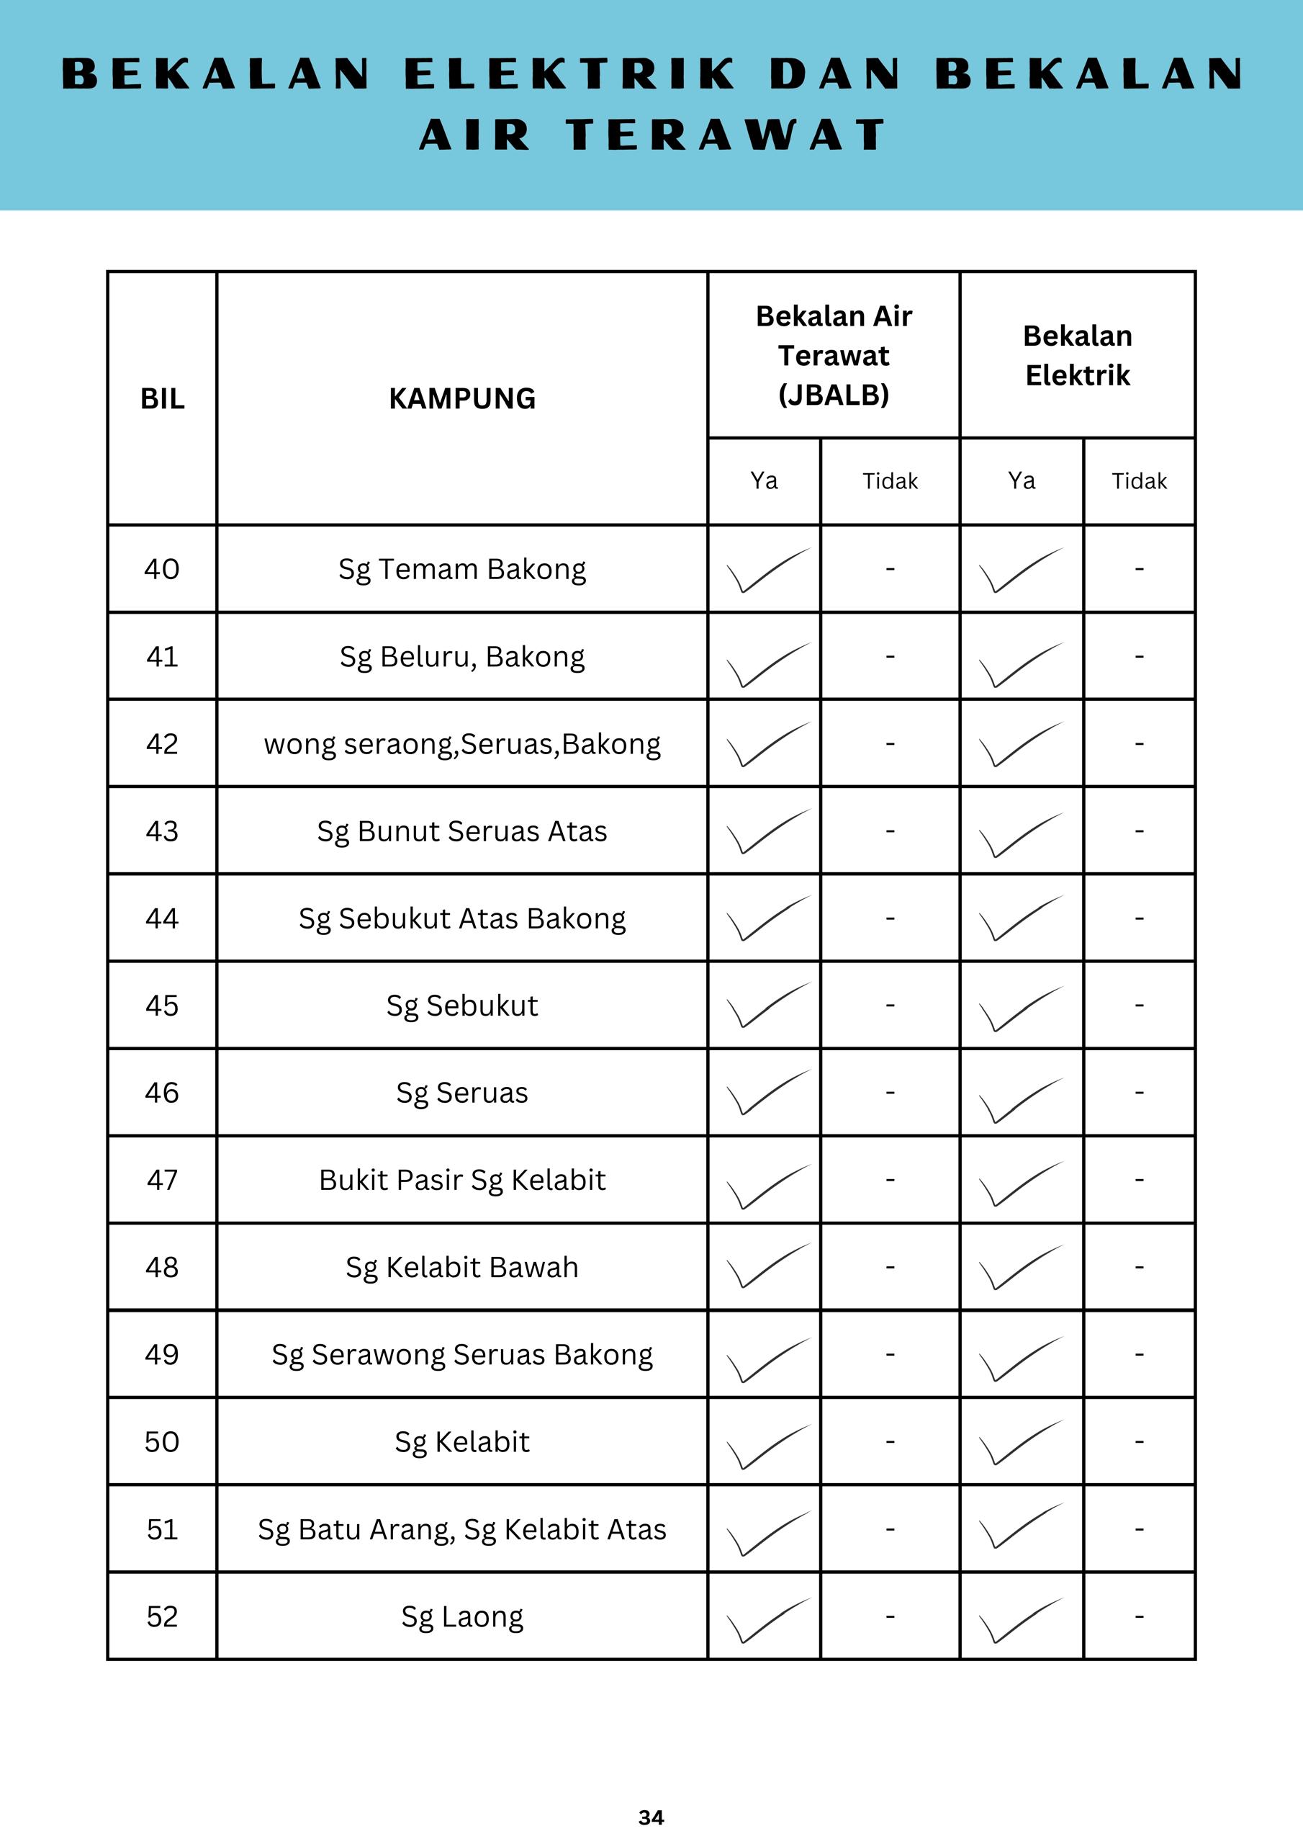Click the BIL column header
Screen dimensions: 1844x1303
(162, 398)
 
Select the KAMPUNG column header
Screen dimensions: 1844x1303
(461, 398)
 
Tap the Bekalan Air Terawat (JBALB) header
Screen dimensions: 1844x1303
(834, 355)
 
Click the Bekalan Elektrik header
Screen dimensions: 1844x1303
(1078, 355)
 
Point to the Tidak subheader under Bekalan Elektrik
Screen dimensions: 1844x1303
(1138, 481)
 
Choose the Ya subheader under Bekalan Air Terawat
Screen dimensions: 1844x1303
(764, 481)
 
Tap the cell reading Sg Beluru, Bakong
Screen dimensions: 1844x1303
(461, 657)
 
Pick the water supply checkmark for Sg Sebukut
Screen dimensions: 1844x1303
(767, 1005)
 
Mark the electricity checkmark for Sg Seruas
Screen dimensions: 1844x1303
(1019, 1098)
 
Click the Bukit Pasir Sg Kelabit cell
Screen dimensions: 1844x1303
(461, 1180)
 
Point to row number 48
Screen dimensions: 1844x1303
(162, 1267)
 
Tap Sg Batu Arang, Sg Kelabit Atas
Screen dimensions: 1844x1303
(461, 1530)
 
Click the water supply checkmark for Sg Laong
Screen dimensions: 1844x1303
(767, 1619)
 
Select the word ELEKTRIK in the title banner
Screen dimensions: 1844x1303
(569, 74)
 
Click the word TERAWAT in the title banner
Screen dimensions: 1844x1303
(726, 135)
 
